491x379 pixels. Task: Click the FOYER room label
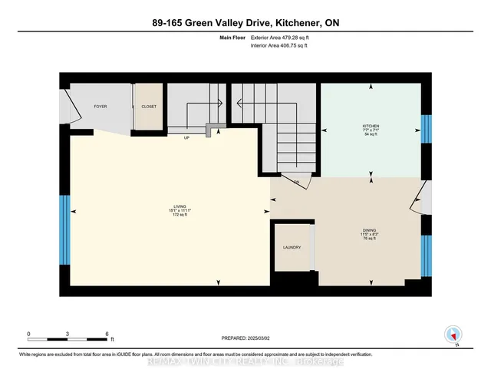100,106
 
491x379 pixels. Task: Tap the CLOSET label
148,107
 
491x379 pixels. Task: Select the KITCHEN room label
371,125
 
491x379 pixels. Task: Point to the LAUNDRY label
291,248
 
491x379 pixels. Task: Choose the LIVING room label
180,206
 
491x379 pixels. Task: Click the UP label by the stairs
186,139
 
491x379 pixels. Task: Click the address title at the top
245,24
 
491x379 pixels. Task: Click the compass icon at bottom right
452,335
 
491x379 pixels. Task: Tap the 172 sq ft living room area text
180,216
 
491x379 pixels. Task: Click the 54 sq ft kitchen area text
371,134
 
